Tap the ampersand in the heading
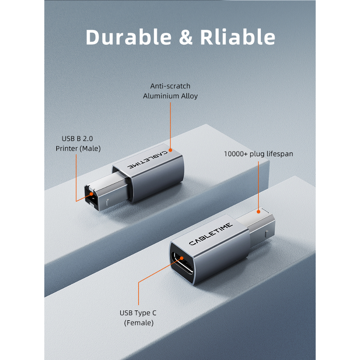tap(186, 37)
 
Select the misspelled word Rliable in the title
tap(238, 37)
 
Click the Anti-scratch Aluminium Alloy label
tap(171, 91)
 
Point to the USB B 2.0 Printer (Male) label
tap(78, 143)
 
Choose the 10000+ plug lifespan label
tap(258, 154)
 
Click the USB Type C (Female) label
tap(138, 318)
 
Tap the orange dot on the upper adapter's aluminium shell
tap(171, 150)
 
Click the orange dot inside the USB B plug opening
tap(91, 194)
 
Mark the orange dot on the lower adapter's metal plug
tap(258, 212)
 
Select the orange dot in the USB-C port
tap(182, 258)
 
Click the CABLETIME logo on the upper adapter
tap(147, 160)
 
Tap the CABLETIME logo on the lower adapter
tap(211, 234)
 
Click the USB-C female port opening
tap(183, 263)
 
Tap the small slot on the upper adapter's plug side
tap(108, 202)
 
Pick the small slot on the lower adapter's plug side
tap(266, 234)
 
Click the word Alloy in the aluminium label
tap(189, 96)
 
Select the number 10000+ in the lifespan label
tap(236, 154)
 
